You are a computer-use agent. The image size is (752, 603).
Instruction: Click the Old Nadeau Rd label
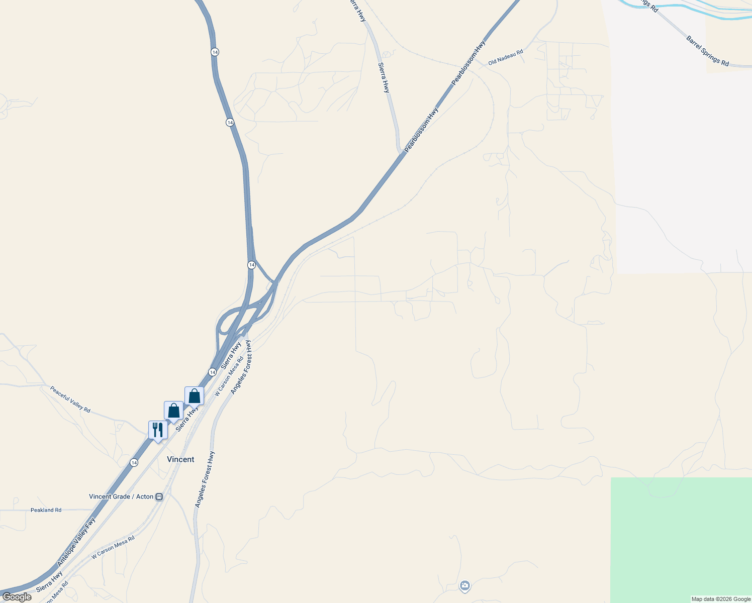[x=506, y=57]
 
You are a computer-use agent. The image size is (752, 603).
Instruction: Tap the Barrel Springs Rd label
[x=707, y=51]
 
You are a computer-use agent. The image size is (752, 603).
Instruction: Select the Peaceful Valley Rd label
[x=70, y=399]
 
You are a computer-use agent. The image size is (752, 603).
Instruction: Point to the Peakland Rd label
[x=46, y=510]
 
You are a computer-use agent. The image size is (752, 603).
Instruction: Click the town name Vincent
[x=180, y=459]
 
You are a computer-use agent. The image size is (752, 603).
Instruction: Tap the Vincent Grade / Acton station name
[x=121, y=496]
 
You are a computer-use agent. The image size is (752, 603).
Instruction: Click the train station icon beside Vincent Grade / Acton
[x=159, y=496]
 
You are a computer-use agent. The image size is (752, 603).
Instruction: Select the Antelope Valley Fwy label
[x=76, y=542]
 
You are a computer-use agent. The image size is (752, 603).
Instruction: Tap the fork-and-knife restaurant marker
[x=158, y=430]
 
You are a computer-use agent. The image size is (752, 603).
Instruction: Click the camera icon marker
[x=465, y=585]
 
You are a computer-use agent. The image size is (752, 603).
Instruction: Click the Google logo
[x=17, y=597]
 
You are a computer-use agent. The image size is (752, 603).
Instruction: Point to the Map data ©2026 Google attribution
[x=721, y=599]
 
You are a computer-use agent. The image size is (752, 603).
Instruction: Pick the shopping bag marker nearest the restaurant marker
[x=173, y=411]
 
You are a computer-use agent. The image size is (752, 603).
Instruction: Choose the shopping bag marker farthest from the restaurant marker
[x=194, y=396]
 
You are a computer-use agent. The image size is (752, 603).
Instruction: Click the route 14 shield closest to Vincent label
[x=134, y=462]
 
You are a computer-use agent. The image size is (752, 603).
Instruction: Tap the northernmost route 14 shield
[x=215, y=52]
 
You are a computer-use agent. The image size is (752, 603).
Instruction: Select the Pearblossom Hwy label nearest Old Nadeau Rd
[x=468, y=63]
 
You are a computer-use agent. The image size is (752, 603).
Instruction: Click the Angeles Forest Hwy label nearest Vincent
[x=205, y=479]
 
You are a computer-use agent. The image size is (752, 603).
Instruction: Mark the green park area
[x=681, y=538]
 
